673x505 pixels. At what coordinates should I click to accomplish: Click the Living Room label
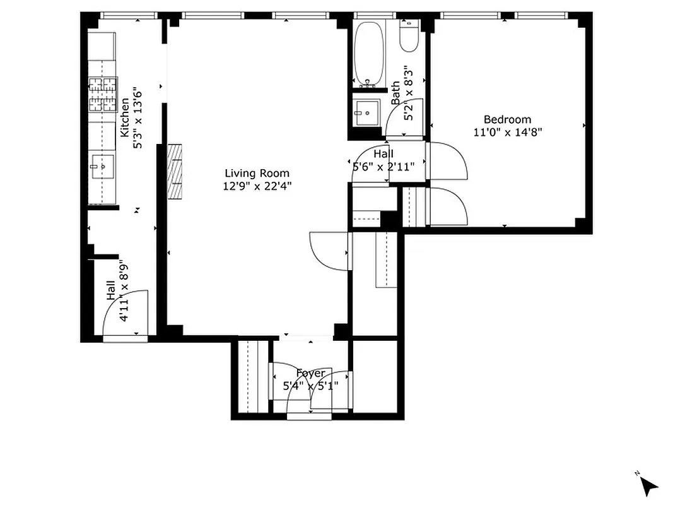(257, 173)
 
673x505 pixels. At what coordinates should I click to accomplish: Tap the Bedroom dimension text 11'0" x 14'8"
(508, 132)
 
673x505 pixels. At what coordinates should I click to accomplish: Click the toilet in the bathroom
(409, 38)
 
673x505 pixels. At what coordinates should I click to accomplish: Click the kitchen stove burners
(103, 93)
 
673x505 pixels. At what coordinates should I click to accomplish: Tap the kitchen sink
(101, 166)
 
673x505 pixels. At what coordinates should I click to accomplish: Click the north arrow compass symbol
(647, 485)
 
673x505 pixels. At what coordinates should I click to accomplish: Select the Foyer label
(310, 374)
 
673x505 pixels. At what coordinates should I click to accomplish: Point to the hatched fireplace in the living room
(174, 172)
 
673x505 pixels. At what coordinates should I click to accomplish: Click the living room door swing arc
(328, 251)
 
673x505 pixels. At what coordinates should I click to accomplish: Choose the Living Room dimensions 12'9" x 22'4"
(257, 186)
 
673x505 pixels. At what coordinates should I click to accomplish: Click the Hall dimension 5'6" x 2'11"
(383, 167)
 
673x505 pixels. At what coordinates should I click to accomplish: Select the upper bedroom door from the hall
(448, 161)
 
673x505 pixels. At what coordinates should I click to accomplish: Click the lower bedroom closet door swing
(448, 207)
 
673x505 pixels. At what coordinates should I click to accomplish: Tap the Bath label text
(395, 93)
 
